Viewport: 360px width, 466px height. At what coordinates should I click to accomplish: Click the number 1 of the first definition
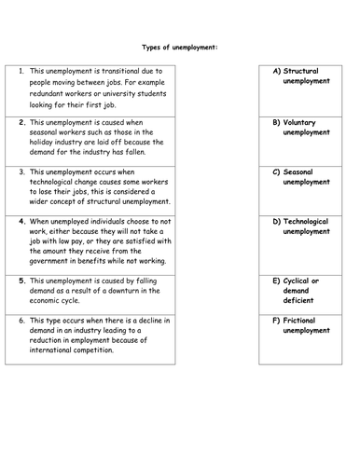(x=22, y=71)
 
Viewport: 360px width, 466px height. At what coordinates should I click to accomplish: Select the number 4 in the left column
(x=22, y=222)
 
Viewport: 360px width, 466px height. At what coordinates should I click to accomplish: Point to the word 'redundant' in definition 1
(x=48, y=91)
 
